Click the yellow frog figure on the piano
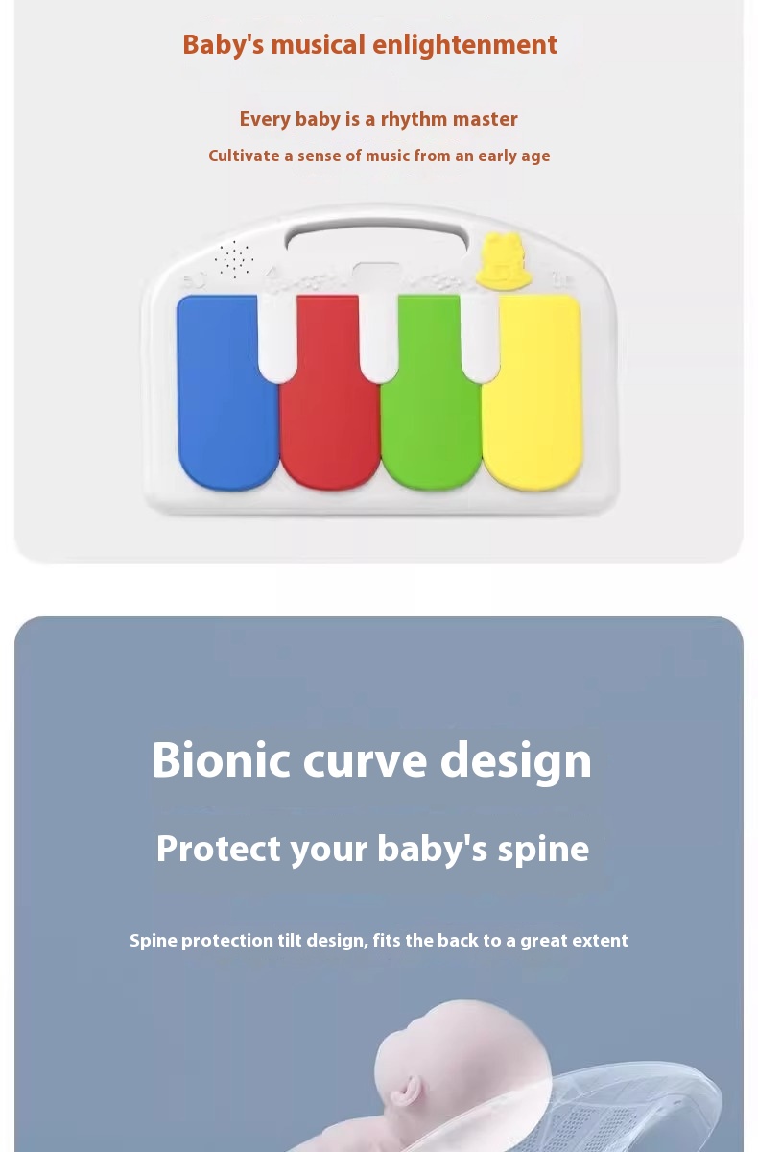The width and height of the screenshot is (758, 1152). click(503, 260)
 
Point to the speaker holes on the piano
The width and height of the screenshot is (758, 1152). click(234, 258)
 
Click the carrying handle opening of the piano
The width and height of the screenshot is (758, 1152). click(377, 238)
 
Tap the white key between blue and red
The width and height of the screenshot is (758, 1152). click(277, 338)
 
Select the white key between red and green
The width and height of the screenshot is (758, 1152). click(378, 338)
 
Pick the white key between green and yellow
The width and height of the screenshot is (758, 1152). click(480, 338)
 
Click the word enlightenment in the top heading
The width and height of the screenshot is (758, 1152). click(464, 45)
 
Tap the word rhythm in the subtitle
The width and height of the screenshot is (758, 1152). click(415, 119)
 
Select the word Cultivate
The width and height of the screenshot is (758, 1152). click(244, 156)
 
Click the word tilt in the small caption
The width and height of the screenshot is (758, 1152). click(290, 940)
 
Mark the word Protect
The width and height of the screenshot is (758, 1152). click(219, 849)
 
